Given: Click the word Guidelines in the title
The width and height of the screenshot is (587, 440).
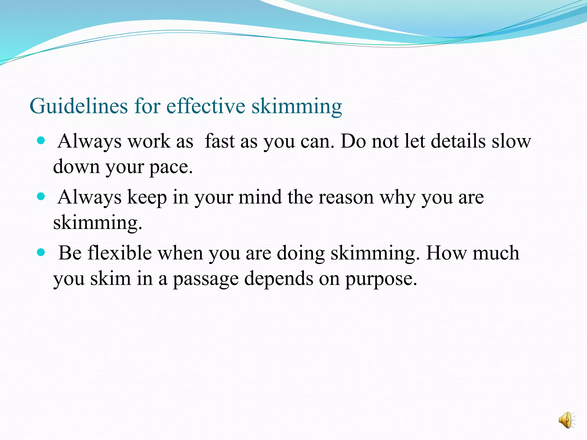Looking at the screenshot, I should tap(79, 106).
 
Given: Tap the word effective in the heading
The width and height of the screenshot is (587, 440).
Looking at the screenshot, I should tap(206, 106).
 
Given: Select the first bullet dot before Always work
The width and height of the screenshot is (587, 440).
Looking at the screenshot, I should tap(41, 140).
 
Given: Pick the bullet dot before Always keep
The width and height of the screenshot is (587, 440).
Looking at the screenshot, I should tap(41, 196).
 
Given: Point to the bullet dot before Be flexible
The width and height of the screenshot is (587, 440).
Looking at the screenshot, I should tap(41, 252).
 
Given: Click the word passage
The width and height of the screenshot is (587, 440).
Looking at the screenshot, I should tap(206, 279).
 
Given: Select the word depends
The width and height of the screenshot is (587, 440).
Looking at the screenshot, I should tap(279, 278).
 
